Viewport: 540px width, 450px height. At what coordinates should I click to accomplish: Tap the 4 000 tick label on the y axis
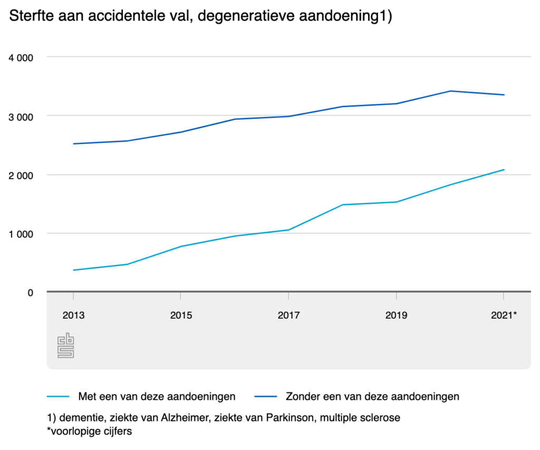point(22,57)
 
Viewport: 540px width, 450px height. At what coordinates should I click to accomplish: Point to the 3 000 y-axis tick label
point(22,116)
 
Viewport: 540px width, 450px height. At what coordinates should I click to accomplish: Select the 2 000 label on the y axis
point(22,175)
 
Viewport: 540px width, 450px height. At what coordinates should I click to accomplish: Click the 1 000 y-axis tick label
point(22,234)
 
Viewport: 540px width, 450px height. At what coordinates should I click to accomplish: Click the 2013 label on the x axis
point(73,315)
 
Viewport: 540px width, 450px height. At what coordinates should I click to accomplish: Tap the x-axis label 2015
point(181,315)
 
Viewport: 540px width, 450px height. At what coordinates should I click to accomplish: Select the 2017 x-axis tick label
point(288,315)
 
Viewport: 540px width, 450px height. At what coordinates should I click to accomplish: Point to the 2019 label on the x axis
point(396,315)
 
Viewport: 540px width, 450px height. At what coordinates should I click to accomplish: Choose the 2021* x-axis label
point(504,315)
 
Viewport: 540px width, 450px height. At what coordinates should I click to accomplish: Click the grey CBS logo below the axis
point(66,346)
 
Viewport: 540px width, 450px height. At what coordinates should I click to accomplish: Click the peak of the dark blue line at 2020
point(450,91)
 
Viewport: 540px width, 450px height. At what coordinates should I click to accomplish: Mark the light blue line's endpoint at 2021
point(504,169)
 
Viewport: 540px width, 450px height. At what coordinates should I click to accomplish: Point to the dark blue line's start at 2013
point(73,143)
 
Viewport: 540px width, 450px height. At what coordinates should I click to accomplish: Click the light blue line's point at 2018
point(343,205)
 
